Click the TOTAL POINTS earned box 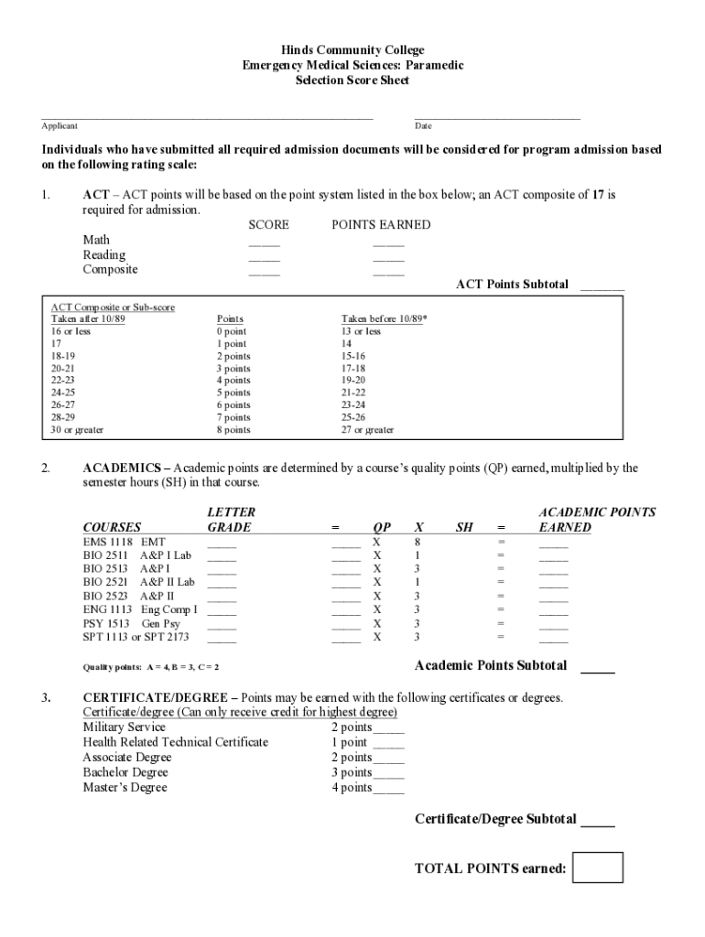tap(598, 867)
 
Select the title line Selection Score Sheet tap(352, 81)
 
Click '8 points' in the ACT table tap(233, 429)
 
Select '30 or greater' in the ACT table tap(77, 429)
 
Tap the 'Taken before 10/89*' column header tap(384, 319)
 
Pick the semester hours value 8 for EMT tap(418, 542)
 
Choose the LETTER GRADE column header tap(231, 520)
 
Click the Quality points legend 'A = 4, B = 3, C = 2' tap(151, 667)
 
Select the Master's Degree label tap(125, 787)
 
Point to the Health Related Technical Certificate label tap(175, 742)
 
